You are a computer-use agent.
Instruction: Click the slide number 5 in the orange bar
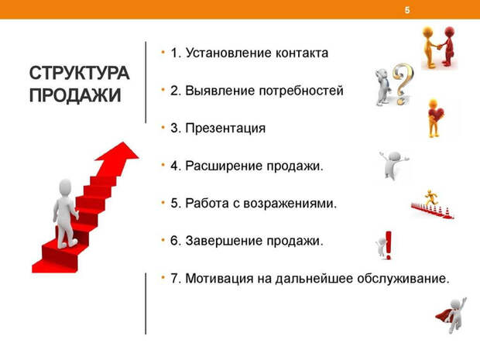click(x=407, y=9)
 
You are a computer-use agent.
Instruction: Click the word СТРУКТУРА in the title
click(x=80, y=74)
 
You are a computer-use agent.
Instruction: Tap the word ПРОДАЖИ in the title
click(x=75, y=96)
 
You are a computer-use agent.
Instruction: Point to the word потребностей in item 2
click(x=304, y=91)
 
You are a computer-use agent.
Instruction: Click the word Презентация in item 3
click(x=225, y=129)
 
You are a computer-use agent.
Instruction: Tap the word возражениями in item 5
click(x=296, y=204)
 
